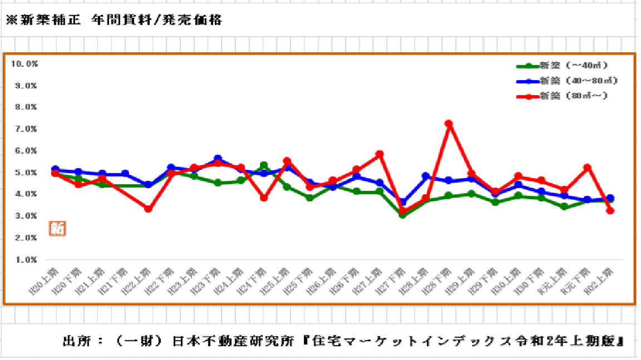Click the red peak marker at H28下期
448,124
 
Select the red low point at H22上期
148,209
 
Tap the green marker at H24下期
264,165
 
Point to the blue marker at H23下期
218,159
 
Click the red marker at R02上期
610,210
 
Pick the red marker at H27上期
379,154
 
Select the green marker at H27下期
402,214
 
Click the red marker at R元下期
587,167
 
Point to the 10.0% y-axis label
24,63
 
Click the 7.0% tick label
26,129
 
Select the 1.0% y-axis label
26,259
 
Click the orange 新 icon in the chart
57,228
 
